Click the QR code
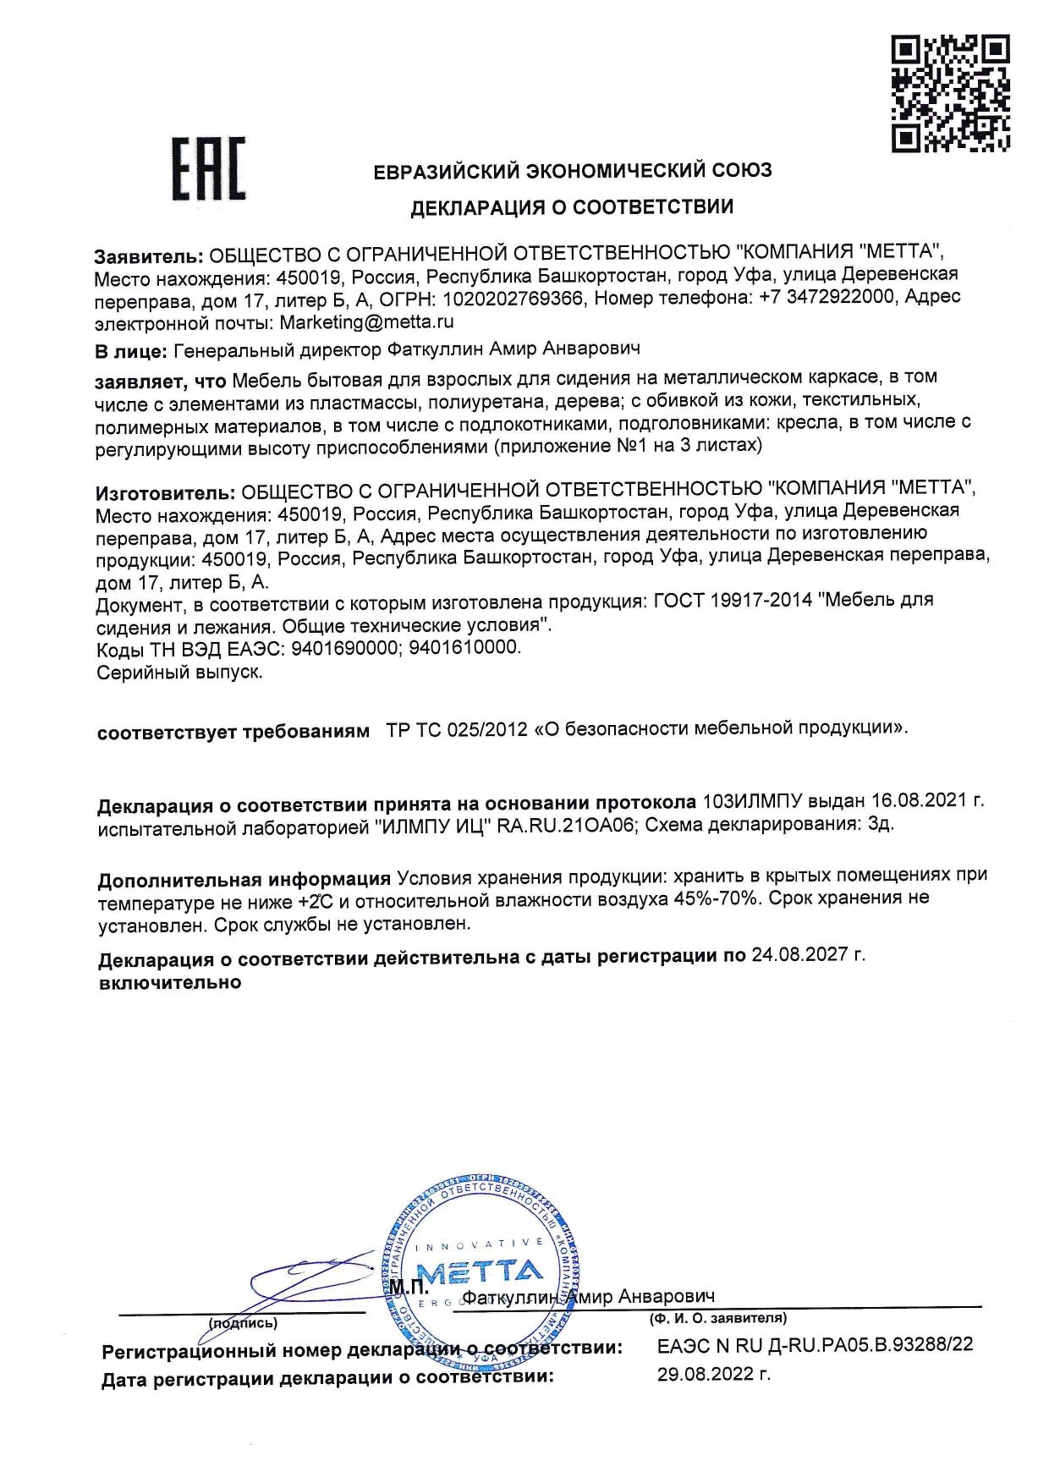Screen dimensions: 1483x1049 point(950,93)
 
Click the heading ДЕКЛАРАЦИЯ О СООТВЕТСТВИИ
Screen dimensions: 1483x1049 point(572,206)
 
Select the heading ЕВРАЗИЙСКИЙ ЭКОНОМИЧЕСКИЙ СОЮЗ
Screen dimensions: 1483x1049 point(573,171)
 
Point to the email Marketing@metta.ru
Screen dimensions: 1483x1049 point(366,321)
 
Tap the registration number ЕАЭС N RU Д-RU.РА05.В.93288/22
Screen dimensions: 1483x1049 point(815,1344)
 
